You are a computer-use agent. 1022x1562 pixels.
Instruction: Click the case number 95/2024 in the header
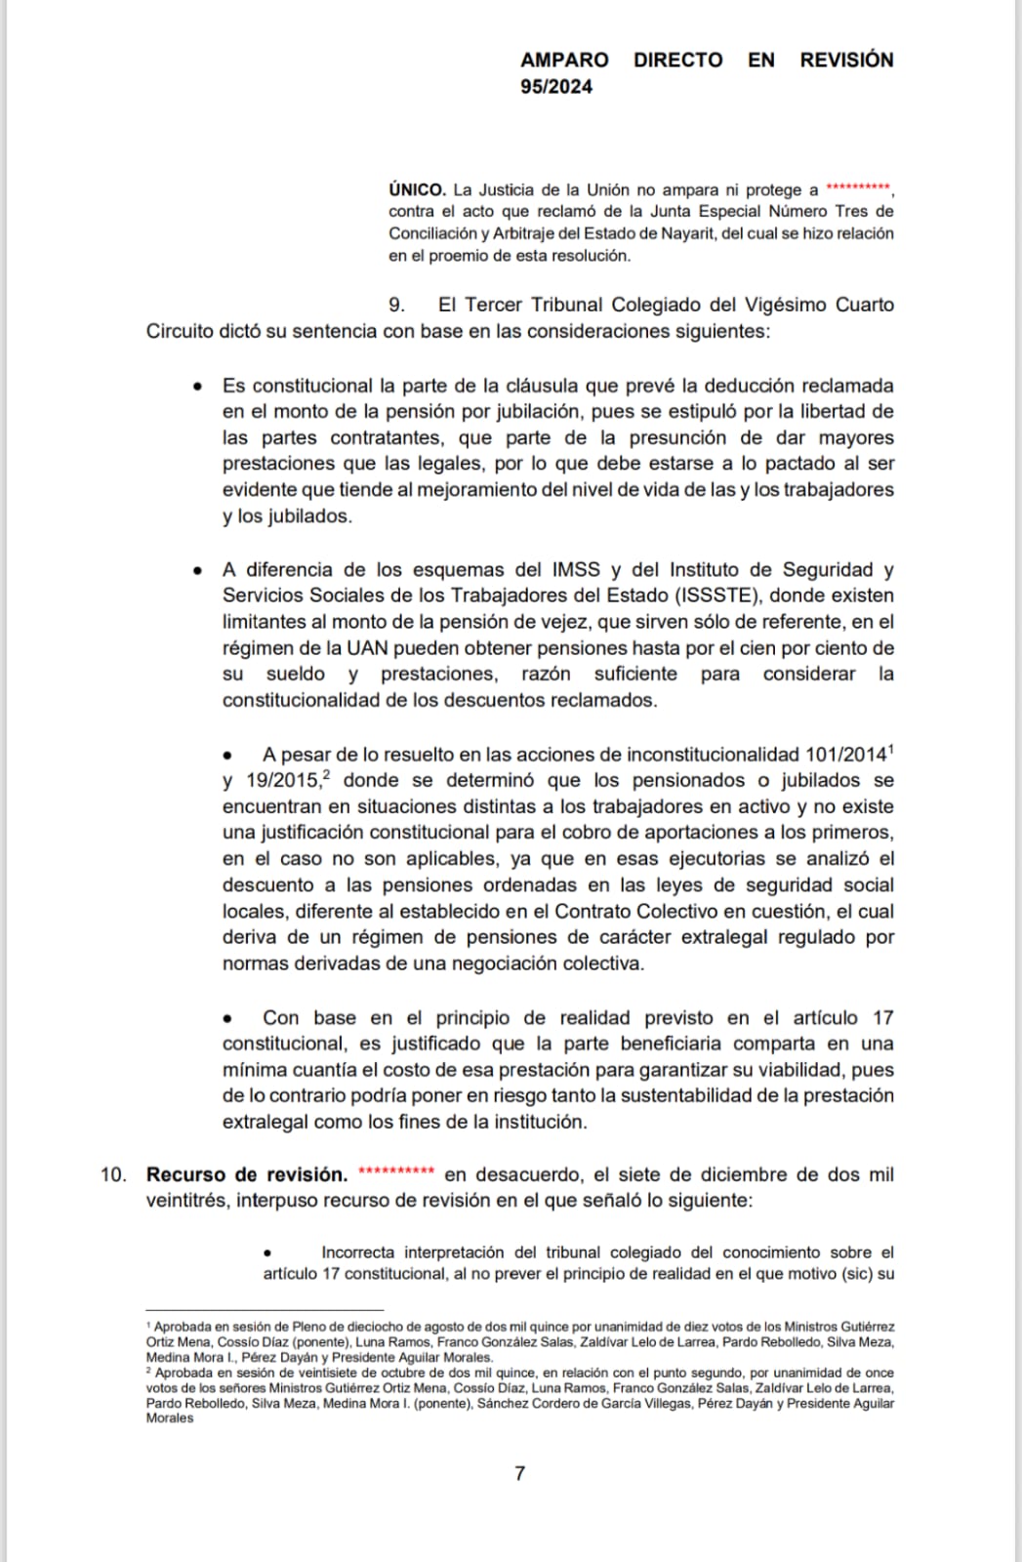pyautogui.click(x=555, y=86)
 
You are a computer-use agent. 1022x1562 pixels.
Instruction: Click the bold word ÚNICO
pyautogui.click(x=417, y=189)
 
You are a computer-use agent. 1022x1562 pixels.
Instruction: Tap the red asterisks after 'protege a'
pyautogui.click(x=858, y=187)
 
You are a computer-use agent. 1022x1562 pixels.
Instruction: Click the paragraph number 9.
pyautogui.click(x=396, y=305)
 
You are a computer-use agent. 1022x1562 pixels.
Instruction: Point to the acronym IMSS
pyautogui.click(x=575, y=569)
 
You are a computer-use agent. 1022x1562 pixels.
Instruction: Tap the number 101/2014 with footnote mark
pyautogui.click(x=846, y=755)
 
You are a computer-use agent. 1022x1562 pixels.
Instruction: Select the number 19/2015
pyautogui.click(x=282, y=781)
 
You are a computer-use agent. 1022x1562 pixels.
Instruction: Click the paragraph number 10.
pyautogui.click(x=113, y=1174)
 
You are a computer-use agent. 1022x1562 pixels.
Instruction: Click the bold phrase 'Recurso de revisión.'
pyautogui.click(x=246, y=1174)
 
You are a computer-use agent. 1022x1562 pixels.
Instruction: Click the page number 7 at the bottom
pyautogui.click(x=519, y=1473)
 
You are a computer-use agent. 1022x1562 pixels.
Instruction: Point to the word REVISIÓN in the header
pyautogui.click(x=846, y=60)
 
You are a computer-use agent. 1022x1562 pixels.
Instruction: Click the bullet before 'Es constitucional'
pyautogui.click(x=199, y=387)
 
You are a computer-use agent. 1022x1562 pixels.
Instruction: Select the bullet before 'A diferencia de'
pyautogui.click(x=199, y=570)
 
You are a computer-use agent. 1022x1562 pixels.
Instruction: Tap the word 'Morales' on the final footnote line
pyautogui.click(x=170, y=1418)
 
